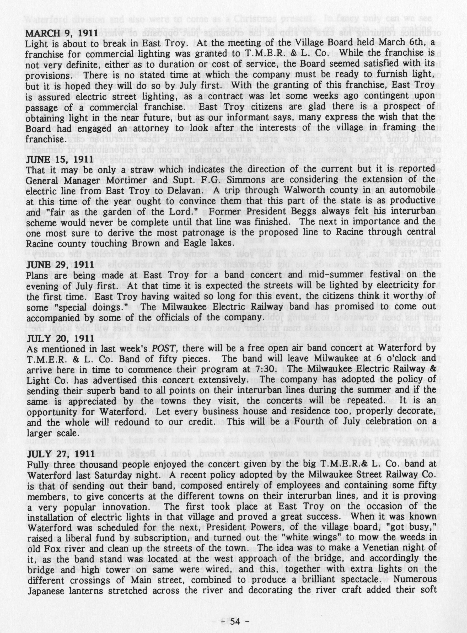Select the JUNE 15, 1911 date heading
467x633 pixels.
click(x=60, y=159)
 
